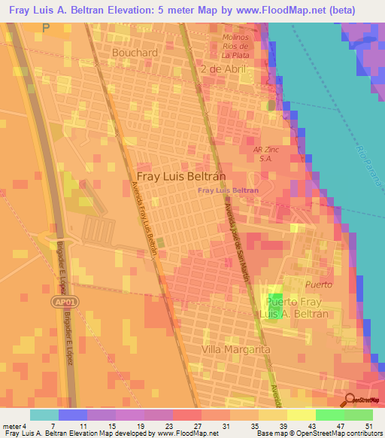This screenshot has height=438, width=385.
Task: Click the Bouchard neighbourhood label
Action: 135,53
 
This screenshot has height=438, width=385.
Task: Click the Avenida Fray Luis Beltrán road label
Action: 145,219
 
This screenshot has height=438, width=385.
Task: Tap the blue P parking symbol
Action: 46,28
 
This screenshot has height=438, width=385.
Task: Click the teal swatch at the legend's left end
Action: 44,415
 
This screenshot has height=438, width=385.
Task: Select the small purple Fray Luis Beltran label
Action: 228,190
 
